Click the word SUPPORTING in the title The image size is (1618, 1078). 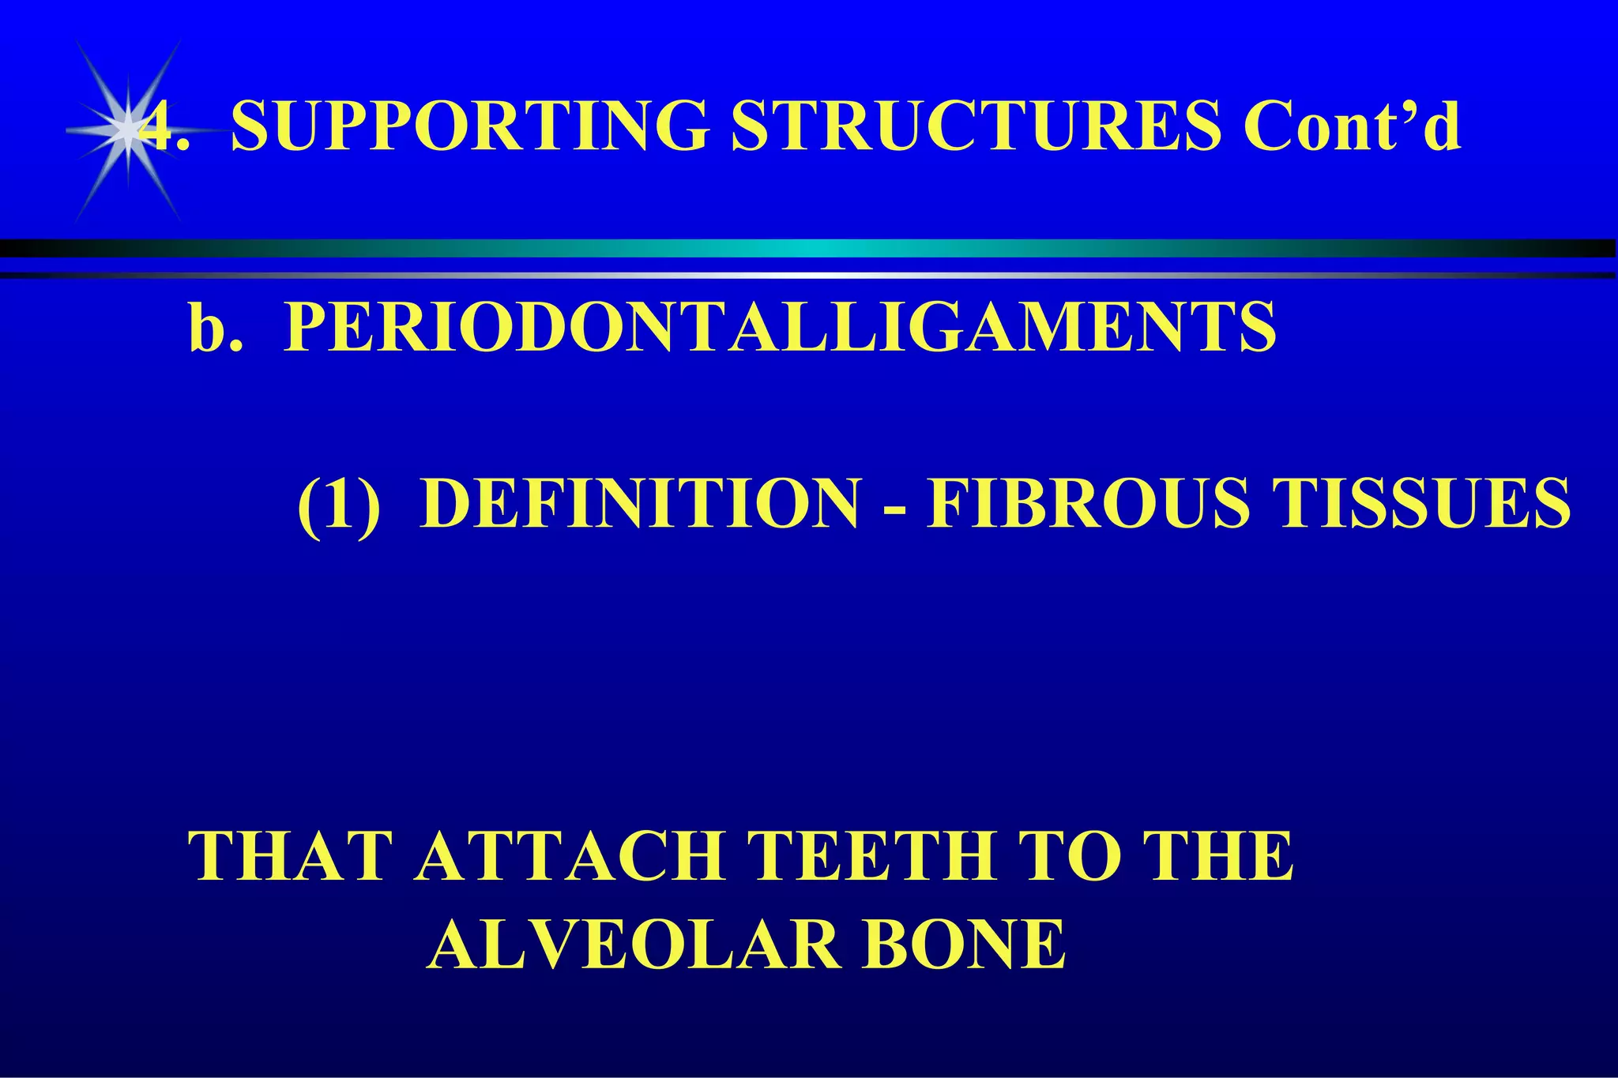[x=469, y=126]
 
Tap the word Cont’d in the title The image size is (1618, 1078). [x=1351, y=126]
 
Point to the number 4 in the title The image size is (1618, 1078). [x=158, y=126]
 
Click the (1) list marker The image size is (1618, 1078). [x=339, y=503]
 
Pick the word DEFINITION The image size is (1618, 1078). [x=640, y=503]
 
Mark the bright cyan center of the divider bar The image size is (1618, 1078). [x=809, y=248]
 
